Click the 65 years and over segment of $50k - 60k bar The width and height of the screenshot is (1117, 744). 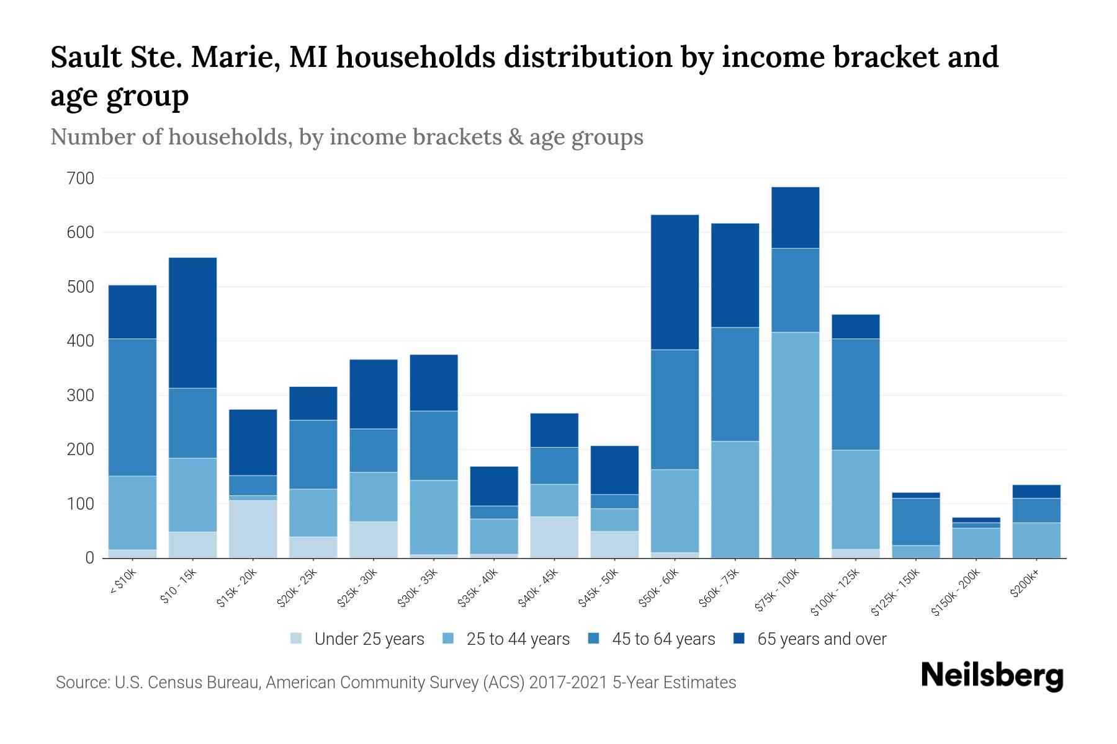tap(675, 282)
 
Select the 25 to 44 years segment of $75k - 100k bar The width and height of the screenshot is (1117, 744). tap(795, 445)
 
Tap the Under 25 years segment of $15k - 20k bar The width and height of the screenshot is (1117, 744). tap(253, 529)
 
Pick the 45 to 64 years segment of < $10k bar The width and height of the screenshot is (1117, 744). tap(132, 407)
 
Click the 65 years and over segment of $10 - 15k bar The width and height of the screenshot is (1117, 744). tap(192, 322)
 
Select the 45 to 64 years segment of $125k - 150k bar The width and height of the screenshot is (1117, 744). tap(916, 521)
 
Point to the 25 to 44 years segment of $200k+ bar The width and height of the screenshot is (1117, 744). tap(1036, 540)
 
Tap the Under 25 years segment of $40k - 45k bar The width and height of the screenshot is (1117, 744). tap(554, 537)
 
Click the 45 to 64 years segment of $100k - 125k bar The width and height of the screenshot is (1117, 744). tap(856, 394)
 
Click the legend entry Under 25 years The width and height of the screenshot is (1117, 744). tap(369, 639)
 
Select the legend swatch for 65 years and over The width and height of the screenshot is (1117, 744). tap(739, 639)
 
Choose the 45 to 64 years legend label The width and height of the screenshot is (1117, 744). tap(663, 639)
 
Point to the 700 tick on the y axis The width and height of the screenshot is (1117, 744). tap(80, 179)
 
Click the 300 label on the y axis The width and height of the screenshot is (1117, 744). tap(80, 396)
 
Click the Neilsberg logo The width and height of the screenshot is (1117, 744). tap(992, 676)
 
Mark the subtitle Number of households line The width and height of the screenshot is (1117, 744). tap(347, 137)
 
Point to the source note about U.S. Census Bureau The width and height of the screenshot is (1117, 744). tap(396, 683)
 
